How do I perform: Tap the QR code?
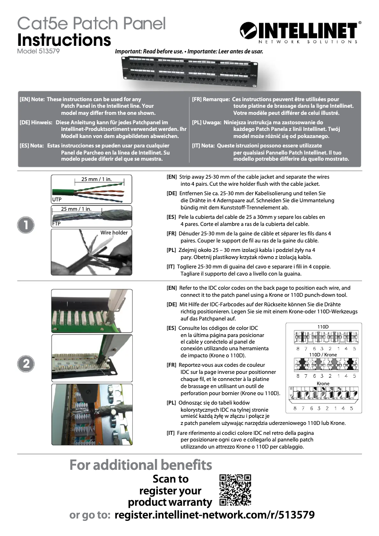tap(235, 490)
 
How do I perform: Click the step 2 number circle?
tap(25, 363)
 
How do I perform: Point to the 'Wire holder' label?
tap(114, 233)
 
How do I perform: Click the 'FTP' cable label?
tap(56, 224)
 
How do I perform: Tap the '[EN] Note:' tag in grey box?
tap(32, 100)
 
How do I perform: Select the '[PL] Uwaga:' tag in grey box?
tap(207, 122)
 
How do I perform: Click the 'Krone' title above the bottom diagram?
tap(323, 383)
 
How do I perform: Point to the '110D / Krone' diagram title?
tap(323, 354)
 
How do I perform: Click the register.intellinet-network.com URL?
tap(215, 515)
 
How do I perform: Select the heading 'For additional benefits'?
tap(141, 465)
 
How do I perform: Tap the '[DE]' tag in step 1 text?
tap(172, 194)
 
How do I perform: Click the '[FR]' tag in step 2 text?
tap(172, 365)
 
